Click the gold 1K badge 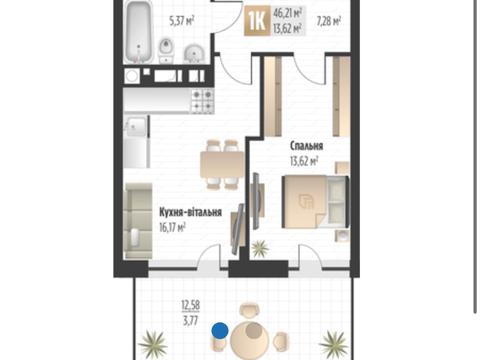pos(256,22)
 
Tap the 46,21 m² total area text pos(288,14)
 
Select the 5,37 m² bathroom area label pos(182,21)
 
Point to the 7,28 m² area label pos(328,22)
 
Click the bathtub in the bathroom pos(140,32)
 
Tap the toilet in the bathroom pos(166,50)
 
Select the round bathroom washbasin pos(194,54)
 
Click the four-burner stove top pos(202,101)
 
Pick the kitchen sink pos(135,126)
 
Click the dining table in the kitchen pos(222,165)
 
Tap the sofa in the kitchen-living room pos(138,221)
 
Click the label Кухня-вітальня pos(190,212)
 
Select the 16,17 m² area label pos(172,228)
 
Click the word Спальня pos(306,146)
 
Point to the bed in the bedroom pos(315,202)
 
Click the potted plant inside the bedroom pos(260,248)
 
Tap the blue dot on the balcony pos(220,331)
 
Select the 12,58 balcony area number pos(191,305)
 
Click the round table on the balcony pos(250,340)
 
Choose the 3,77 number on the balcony pos(191,321)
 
